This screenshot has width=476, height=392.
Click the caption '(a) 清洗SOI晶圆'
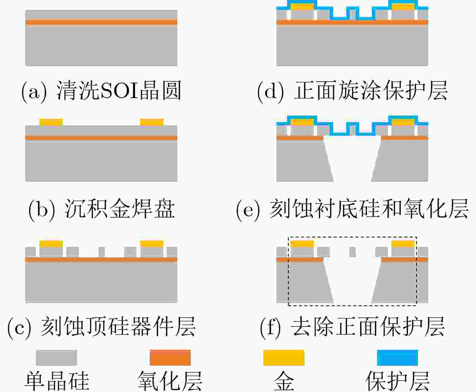pyautogui.click(x=101, y=91)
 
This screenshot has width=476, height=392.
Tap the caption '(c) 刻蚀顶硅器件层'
pyautogui.click(x=101, y=327)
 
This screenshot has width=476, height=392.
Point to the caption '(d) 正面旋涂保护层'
pyautogui.click(x=352, y=91)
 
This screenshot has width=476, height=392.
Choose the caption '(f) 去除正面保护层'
pyautogui.click(x=352, y=327)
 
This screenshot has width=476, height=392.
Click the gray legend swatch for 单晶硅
pyautogui.click(x=56, y=357)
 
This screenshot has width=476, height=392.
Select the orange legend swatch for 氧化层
pyautogui.click(x=170, y=357)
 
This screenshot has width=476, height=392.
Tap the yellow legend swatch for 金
pyautogui.click(x=284, y=357)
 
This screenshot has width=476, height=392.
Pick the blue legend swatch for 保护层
pyautogui.click(x=397, y=357)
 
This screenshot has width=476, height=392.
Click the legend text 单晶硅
pyautogui.click(x=57, y=381)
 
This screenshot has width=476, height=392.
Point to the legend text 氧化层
pyautogui.click(x=170, y=381)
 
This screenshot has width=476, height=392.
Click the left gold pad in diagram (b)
pyautogui.click(x=51, y=122)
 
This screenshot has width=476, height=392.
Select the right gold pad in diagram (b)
pyautogui.click(x=152, y=122)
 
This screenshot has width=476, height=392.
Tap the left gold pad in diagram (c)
pyautogui.click(x=51, y=244)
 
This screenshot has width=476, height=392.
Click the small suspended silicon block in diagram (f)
pyautogui.click(x=352, y=252)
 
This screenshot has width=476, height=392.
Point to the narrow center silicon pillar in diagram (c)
pyautogui.click(x=102, y=252)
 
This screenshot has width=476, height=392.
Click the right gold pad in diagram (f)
pyautogui.click(x=403, y=244)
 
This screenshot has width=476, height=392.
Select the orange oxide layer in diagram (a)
pyautogui.click(x=101, y=22)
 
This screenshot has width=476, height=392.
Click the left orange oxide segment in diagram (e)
pyautogui.click(x=300, y=138)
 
